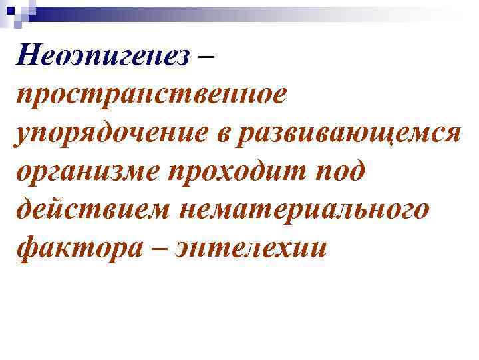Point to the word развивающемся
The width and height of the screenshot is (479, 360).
coord(353,132)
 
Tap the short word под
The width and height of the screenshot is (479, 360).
coord(339,172)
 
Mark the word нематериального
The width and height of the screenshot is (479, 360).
coord(302,210)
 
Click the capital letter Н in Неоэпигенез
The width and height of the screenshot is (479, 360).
coord(31,55)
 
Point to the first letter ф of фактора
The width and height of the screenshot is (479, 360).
coord(28,249)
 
